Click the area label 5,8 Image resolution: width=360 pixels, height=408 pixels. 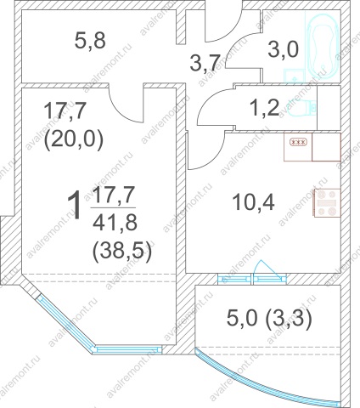tap(90, 41)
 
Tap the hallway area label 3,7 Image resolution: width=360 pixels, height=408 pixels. tap(205, 63)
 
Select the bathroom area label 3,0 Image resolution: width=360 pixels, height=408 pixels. tap(283, 49)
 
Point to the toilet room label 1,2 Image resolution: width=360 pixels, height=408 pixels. tap(265, 108)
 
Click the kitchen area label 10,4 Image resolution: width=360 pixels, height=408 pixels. tap(253, 202)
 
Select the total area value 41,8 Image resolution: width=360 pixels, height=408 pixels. tap(115, 223)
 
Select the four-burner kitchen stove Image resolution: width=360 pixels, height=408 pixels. tap(328, 203)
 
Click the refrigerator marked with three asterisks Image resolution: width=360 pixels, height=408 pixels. tap(298, 147)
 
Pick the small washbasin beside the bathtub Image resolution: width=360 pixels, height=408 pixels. tap(294, 76)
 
